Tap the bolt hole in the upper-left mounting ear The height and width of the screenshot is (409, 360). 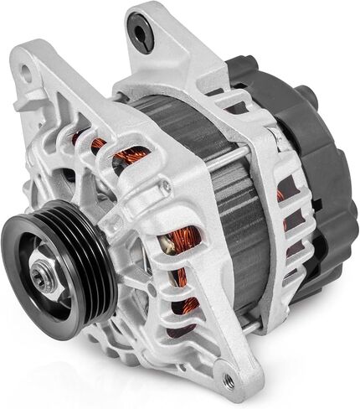point(26,72)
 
